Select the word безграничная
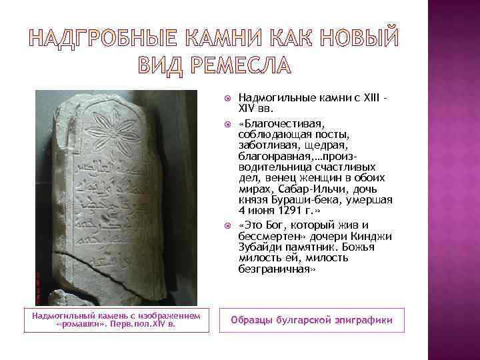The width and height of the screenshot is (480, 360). click(274, 270)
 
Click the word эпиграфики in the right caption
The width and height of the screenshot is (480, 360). click(364, 321)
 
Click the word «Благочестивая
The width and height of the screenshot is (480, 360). click(273, 124)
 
